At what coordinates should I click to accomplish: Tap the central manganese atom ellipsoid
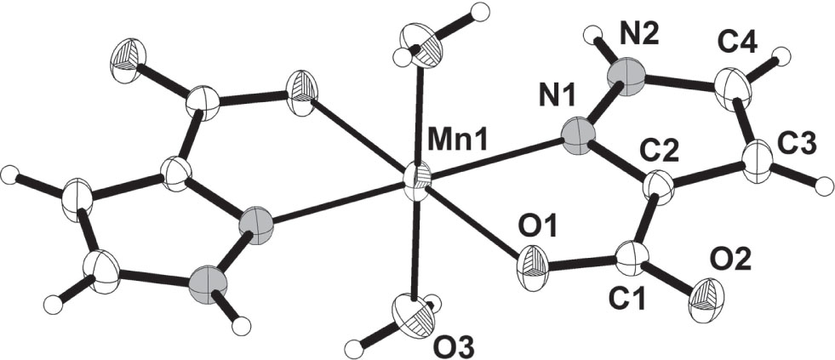[x=416, y=184]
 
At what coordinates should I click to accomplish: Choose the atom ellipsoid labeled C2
[x=659, y=187]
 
